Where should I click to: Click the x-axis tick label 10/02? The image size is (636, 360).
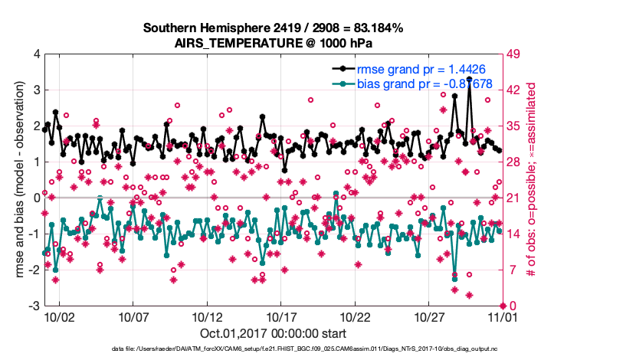click(x=59, y=316)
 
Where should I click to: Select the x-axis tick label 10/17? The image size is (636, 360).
click(x=281, y=316)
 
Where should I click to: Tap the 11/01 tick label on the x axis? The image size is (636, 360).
click(x=503, y=316)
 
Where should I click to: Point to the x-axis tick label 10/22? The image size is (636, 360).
click(x=356, y=316)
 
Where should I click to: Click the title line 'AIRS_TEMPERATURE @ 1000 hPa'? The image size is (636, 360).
click(x=273, y=42)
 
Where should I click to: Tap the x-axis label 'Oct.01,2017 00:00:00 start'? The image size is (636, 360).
click(x=273, y=333)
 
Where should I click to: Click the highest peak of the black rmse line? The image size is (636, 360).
click(x=469, y=79)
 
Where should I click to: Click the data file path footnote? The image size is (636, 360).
click(x=273, y=349)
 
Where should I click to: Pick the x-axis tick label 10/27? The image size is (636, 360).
click(x=429, y=316)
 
